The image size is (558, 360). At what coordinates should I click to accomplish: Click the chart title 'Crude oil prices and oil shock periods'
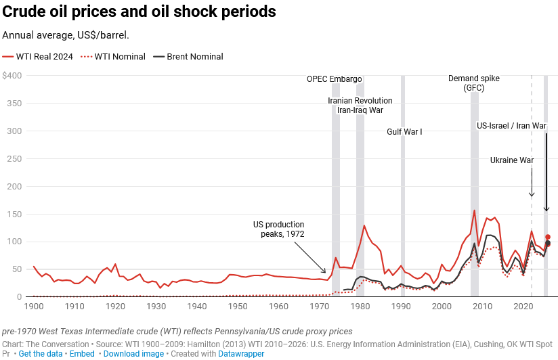point(139,12)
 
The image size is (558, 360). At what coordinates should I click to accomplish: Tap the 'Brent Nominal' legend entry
point(194,57)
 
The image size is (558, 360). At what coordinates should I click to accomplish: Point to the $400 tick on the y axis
point(12,76)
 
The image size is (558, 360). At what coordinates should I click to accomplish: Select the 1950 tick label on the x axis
point(237,307)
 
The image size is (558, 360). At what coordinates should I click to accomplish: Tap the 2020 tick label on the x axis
point(523,307)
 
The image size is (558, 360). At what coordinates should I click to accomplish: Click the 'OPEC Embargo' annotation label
point(335,79)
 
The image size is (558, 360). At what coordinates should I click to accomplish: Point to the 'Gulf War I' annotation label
point(404,132)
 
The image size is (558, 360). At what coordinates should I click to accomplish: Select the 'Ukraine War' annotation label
point(513,160)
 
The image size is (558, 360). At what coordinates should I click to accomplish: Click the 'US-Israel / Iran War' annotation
point(511,126)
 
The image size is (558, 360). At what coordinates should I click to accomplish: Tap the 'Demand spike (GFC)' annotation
point(474,83)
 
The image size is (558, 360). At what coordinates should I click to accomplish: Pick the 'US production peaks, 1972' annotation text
point(279,229)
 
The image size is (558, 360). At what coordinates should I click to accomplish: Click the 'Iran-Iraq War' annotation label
point(360,110)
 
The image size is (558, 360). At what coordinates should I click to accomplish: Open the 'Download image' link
point(133,354)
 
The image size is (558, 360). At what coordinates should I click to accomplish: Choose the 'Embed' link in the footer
point(82,354)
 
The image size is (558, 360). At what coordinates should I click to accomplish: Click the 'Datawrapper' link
point(242,354)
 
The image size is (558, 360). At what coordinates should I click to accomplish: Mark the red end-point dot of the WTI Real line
point(548,237)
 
